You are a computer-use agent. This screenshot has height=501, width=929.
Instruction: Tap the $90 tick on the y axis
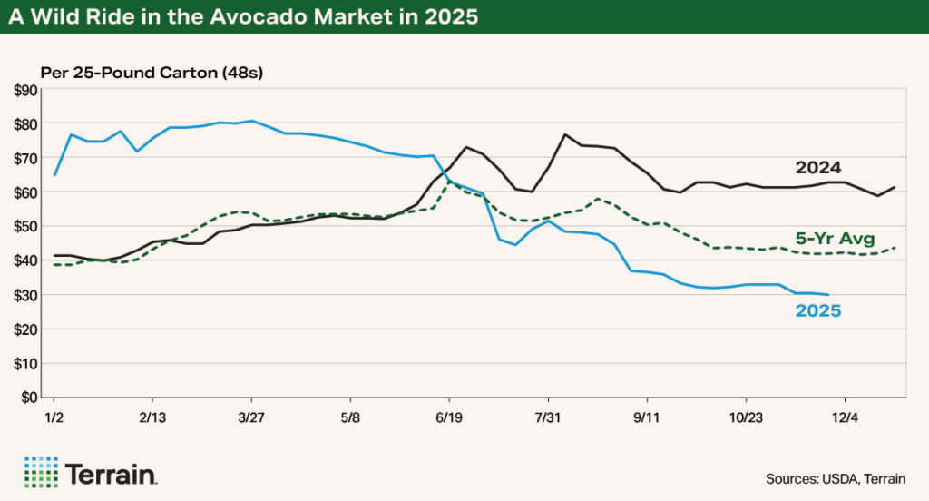pyautogui.click(x=25, y=89)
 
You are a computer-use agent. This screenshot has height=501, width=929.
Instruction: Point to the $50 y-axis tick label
pyautogui.click(x=25, y=226)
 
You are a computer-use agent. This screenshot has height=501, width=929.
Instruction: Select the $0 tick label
pyautogui.click(x=29, y=397)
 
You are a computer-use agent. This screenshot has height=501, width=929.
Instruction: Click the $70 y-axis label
pyautogui.click(x=25, y=158)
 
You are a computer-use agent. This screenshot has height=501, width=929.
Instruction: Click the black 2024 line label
pyautogui.click(x=818, y=168)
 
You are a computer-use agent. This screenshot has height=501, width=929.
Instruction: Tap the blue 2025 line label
pyautogui.click(x=818, y=310)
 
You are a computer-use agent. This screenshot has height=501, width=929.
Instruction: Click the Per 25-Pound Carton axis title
pyautogui.click(x=151, y=73)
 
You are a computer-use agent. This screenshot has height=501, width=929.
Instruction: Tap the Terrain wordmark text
pyautogui.click(x=112, y=472)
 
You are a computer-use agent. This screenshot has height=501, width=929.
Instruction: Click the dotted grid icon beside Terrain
pyautogui.click(x=41, y=471)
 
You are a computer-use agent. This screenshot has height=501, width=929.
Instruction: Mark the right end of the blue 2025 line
pyautogui.click(x=828, y=294)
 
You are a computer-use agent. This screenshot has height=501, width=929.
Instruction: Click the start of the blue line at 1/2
pyautogui.click(x=54, y=174)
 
